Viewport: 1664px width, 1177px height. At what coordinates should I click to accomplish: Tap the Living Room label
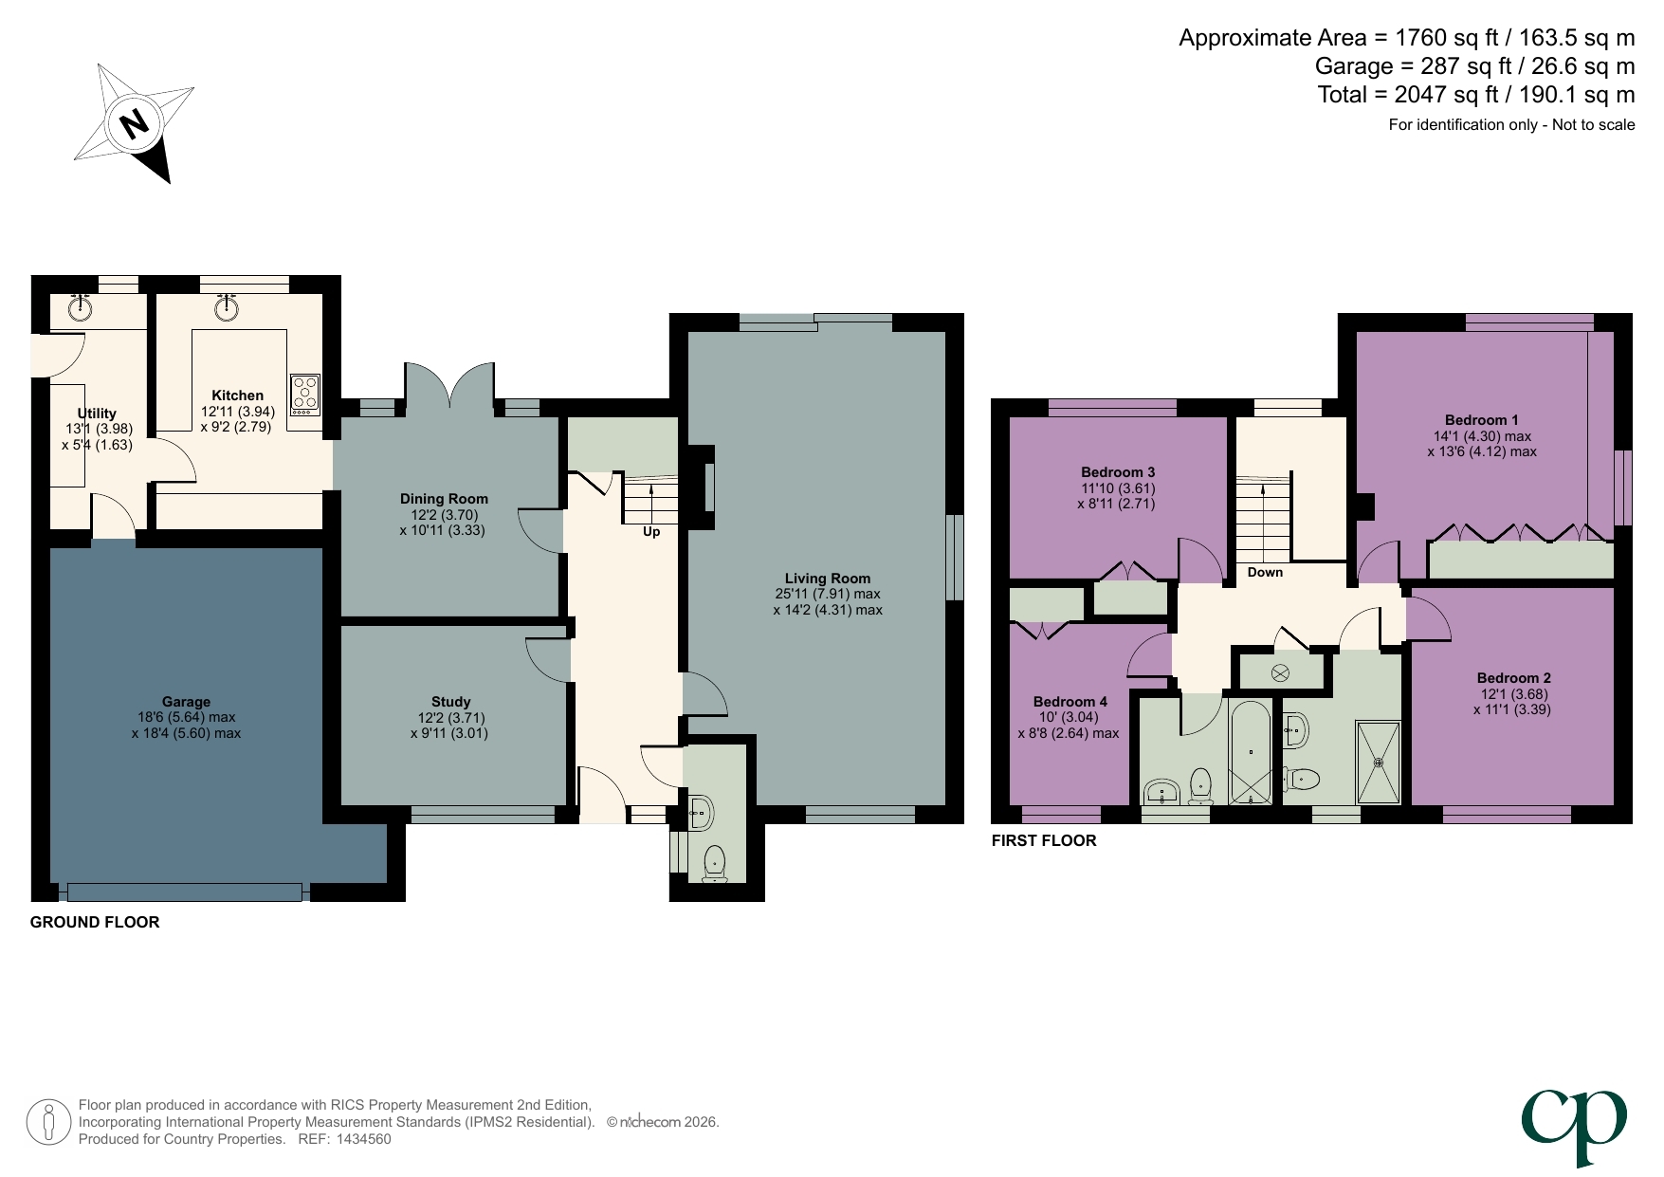[x=827, y=578]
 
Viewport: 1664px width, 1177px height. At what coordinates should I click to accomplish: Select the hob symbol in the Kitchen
[x=305, y=395]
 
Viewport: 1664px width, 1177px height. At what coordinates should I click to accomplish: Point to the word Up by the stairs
[x=651, y=532]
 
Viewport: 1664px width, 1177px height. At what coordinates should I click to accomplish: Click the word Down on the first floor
[x=1265, y=572]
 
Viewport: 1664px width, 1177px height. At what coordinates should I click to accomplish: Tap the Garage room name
[x=186, y=702]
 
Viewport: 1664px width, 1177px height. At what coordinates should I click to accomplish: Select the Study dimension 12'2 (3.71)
[x=450, y=717]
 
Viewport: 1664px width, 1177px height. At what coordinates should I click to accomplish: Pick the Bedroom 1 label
[x=1481, y=420]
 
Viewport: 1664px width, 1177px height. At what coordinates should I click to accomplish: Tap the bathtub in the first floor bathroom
[x=1251, y=752]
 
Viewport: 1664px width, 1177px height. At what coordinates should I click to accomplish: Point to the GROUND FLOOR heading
[x=95, y=922]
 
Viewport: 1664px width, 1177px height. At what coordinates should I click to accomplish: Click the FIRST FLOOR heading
[x=1043, y=840]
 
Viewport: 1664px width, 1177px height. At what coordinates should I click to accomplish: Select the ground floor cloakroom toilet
[x=715, y=862]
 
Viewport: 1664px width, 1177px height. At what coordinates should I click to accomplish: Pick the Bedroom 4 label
[x=1070, y=702]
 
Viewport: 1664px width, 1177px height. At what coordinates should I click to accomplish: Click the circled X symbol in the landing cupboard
[x=1280, y=673]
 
